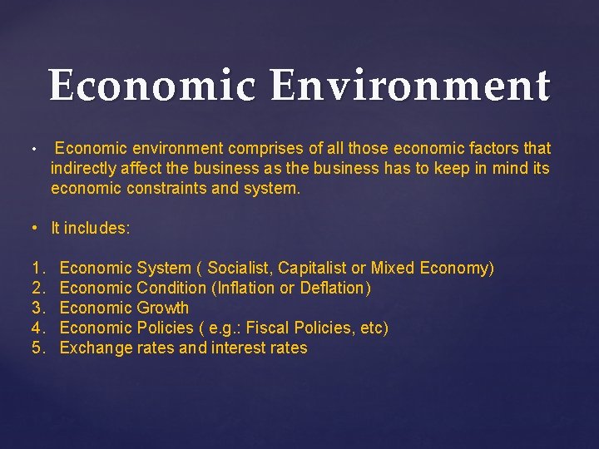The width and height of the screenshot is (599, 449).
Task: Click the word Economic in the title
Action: [x=151, y=86]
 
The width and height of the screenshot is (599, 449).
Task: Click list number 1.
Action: [x=37, y=269]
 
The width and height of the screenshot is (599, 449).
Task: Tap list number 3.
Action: [x=37, y=308]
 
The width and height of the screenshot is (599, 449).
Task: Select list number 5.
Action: [x=37, y=348]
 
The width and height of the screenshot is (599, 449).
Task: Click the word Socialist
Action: [x=240, y=269]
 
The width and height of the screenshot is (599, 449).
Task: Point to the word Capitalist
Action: [x=312, y=269]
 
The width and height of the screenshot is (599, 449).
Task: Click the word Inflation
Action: [x=245, y=289]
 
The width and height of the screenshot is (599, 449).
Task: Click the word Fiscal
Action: [x=267, y=328]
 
